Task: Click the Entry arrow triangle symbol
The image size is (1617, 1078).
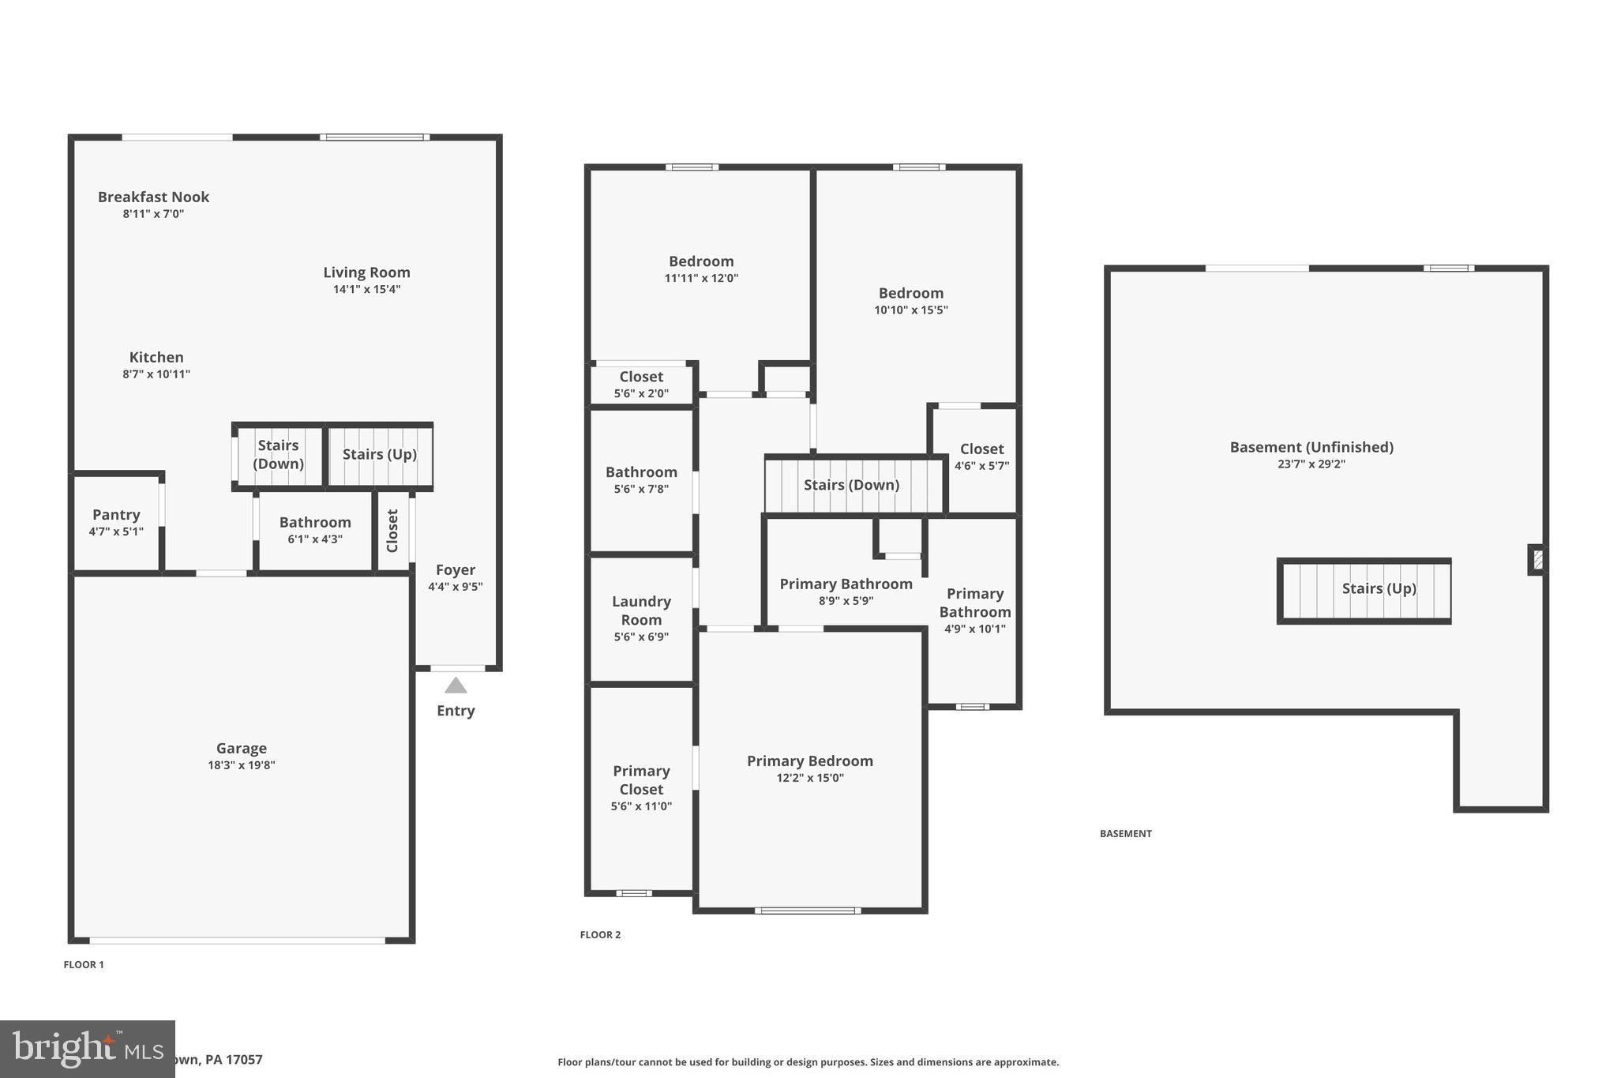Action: coord(456,685)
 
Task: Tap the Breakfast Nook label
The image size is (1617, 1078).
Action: coord(153,197)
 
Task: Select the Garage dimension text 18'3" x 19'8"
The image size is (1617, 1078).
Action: coord(241,764)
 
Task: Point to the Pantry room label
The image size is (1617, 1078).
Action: coord(116,515)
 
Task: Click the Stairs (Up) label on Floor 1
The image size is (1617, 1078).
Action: coord(379,454)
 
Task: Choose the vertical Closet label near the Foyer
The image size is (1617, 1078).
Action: coord(392,530)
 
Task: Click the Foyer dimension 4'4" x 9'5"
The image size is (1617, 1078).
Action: coord(455,586)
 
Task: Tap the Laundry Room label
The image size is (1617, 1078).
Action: coord(641,610)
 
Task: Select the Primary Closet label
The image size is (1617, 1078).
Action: coord(641,779)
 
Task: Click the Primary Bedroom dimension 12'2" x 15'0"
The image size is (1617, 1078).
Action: coord(809,778)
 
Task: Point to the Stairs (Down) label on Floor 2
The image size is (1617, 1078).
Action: coord(851,485)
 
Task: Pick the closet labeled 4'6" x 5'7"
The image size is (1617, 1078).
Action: coord(981,457)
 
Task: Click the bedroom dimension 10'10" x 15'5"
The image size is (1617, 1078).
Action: coord(910,310)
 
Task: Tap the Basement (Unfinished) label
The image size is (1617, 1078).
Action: coord(1311,447)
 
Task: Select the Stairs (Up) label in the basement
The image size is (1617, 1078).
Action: coord(1379,588)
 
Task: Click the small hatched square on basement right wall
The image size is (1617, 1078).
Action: coord(1537,560)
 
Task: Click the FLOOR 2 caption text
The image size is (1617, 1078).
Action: coord(600,934)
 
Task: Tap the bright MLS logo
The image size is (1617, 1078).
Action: coord(87,1049)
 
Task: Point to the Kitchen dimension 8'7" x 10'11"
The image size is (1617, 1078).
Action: coord(156,374)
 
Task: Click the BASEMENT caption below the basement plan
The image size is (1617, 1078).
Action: coord(1125,833)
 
